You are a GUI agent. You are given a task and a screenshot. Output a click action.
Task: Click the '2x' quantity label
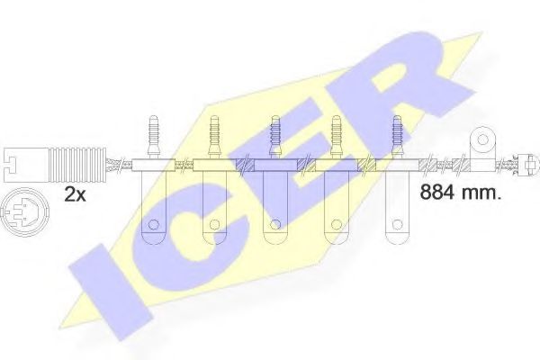pyautogui.click(x=75, y=195)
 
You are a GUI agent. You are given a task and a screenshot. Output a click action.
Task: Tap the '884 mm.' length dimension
pyautogui.click(x=460, y=193)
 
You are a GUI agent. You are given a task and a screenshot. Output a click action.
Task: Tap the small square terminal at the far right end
pyautogui.click(x=529, y=165)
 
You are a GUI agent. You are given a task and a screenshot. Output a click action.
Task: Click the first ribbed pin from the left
pyautogui.click(x=153, y=137)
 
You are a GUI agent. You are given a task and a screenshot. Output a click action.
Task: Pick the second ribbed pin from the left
pyautogui.click(x=214, y=137)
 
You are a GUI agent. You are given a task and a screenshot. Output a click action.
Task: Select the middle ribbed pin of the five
pyautogui.click(x=274, y=137)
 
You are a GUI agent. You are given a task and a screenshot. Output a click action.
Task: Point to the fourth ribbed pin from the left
pyautogui.click(x=336, y=137)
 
